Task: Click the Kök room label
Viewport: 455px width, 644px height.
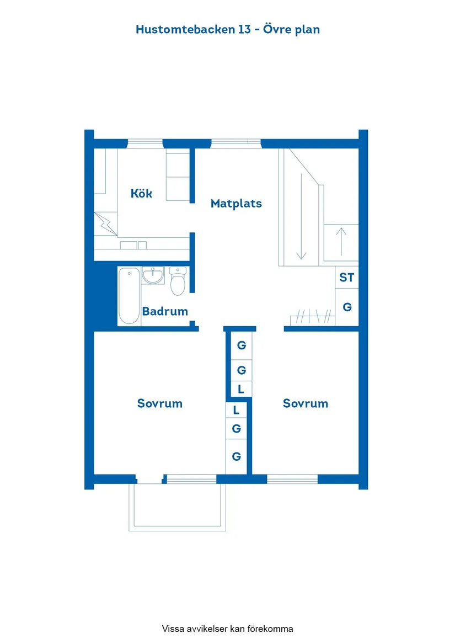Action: click(141, 194)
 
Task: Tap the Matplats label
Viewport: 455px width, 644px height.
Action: click(236, 204)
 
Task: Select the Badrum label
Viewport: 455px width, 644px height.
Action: click(165, 311)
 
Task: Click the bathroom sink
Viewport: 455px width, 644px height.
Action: click(152, 275)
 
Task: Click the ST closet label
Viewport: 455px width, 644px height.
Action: click(347, 278)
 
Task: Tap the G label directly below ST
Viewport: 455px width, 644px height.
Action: click(347, 307)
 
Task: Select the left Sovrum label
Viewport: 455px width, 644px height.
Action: click(160, 403)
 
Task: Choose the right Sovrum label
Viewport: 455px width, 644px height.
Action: click(306, 403)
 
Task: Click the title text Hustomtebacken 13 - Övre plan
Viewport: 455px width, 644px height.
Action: click(228, 30)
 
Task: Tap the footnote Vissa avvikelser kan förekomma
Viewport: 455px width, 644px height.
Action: click(228, 629)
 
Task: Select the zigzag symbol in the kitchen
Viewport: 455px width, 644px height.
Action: click(106, 224)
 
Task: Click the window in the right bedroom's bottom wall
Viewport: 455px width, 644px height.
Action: click(292, 479)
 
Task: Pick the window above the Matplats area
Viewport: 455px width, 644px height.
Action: click(236, 144)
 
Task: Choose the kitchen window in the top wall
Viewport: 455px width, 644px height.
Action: click(145, 144)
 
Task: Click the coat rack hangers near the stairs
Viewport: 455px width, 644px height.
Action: click(312, 316)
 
